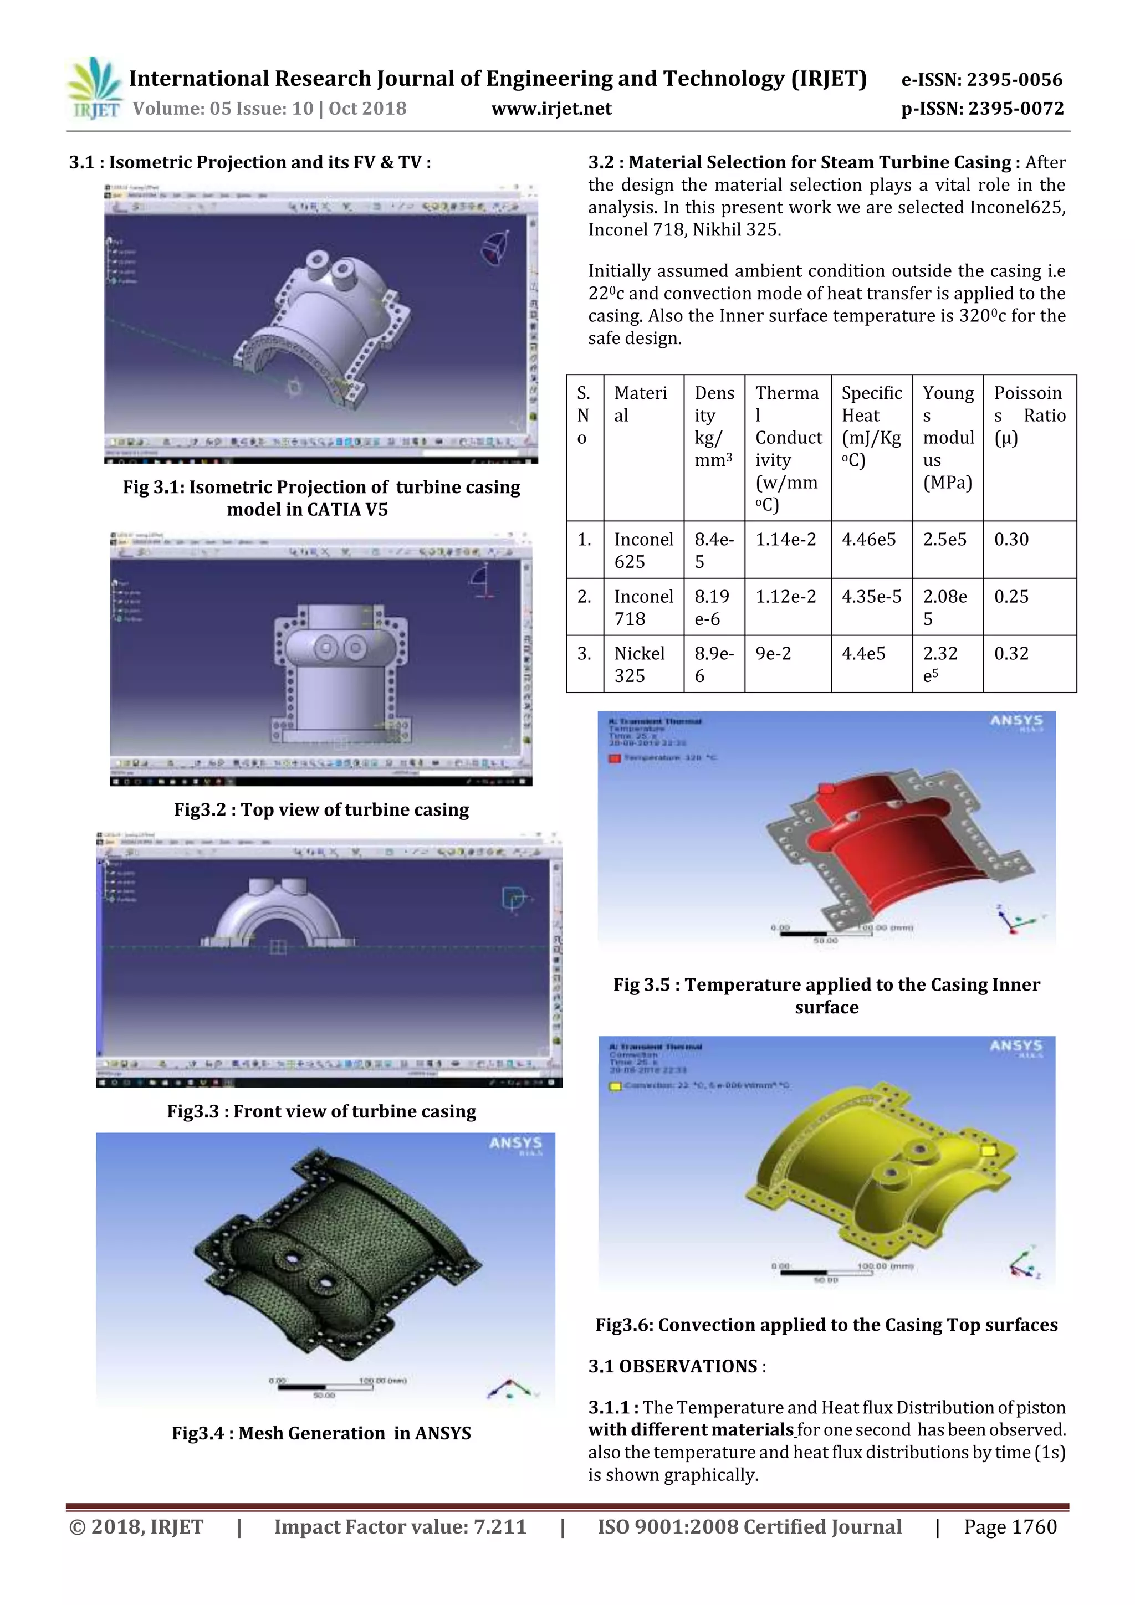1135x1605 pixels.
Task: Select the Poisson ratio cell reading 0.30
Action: point(1011,540)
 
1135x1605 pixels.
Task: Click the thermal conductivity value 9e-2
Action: point(774,654)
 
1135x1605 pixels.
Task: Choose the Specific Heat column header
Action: point(871,427)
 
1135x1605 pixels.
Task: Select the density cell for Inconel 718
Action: point(712,607)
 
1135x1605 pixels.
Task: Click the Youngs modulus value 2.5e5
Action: point(945,540)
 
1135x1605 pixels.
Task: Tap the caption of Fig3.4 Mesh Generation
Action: point(321,1433)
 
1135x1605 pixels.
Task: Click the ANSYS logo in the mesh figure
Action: point(515,1144)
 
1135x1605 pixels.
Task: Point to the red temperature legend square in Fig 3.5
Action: point(615,758)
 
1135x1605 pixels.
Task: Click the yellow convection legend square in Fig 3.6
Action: point(615,1086)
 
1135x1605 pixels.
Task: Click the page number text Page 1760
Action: point(1010,1527)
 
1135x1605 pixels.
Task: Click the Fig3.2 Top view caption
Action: point(321,809)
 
